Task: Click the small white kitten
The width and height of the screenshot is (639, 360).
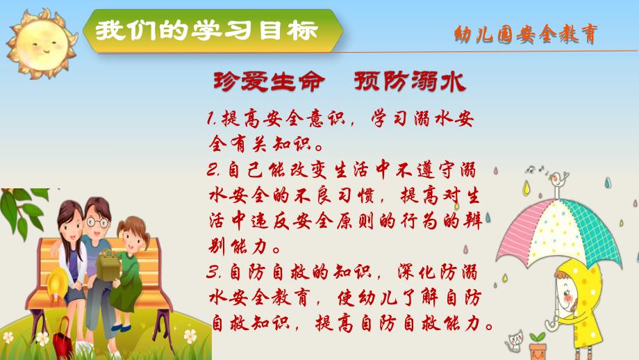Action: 515,340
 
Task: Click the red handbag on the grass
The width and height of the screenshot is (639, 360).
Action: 63,334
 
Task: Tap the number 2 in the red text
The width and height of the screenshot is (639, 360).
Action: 211,169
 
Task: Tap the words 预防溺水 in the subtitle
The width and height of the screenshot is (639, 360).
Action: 408,82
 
